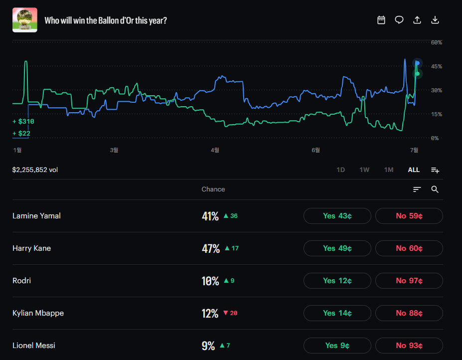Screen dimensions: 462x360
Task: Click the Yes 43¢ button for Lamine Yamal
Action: point(337,216)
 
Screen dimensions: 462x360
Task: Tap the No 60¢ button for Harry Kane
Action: point(409,248)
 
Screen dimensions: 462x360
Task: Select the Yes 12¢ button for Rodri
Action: point(337,281)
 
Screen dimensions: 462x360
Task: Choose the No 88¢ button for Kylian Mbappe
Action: point(409,313)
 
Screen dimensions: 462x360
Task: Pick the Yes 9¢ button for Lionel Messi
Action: point(337,346)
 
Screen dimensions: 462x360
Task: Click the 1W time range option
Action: point(364,170)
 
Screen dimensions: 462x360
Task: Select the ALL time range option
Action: point(414,170)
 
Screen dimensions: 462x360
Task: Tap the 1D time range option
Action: point(340,170)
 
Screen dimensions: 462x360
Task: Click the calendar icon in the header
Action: point(381,20)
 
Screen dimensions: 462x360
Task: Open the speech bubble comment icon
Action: point(399,20)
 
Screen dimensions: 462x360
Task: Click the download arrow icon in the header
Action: point(435,20)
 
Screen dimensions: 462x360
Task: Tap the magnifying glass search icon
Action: point(435,189)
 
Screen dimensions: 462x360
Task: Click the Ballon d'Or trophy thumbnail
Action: point(25,20)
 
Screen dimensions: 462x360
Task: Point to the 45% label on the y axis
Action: point(437,66)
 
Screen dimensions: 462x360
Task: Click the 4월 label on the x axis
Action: point(215,150)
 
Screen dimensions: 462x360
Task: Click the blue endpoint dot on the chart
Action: point(418,63)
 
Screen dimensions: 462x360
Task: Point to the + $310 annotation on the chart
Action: point(23,122)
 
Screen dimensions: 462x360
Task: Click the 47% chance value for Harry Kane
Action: point(211,248)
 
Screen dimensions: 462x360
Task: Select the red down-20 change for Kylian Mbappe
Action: point(230,313)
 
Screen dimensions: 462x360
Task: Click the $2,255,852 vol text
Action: point(35,170)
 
